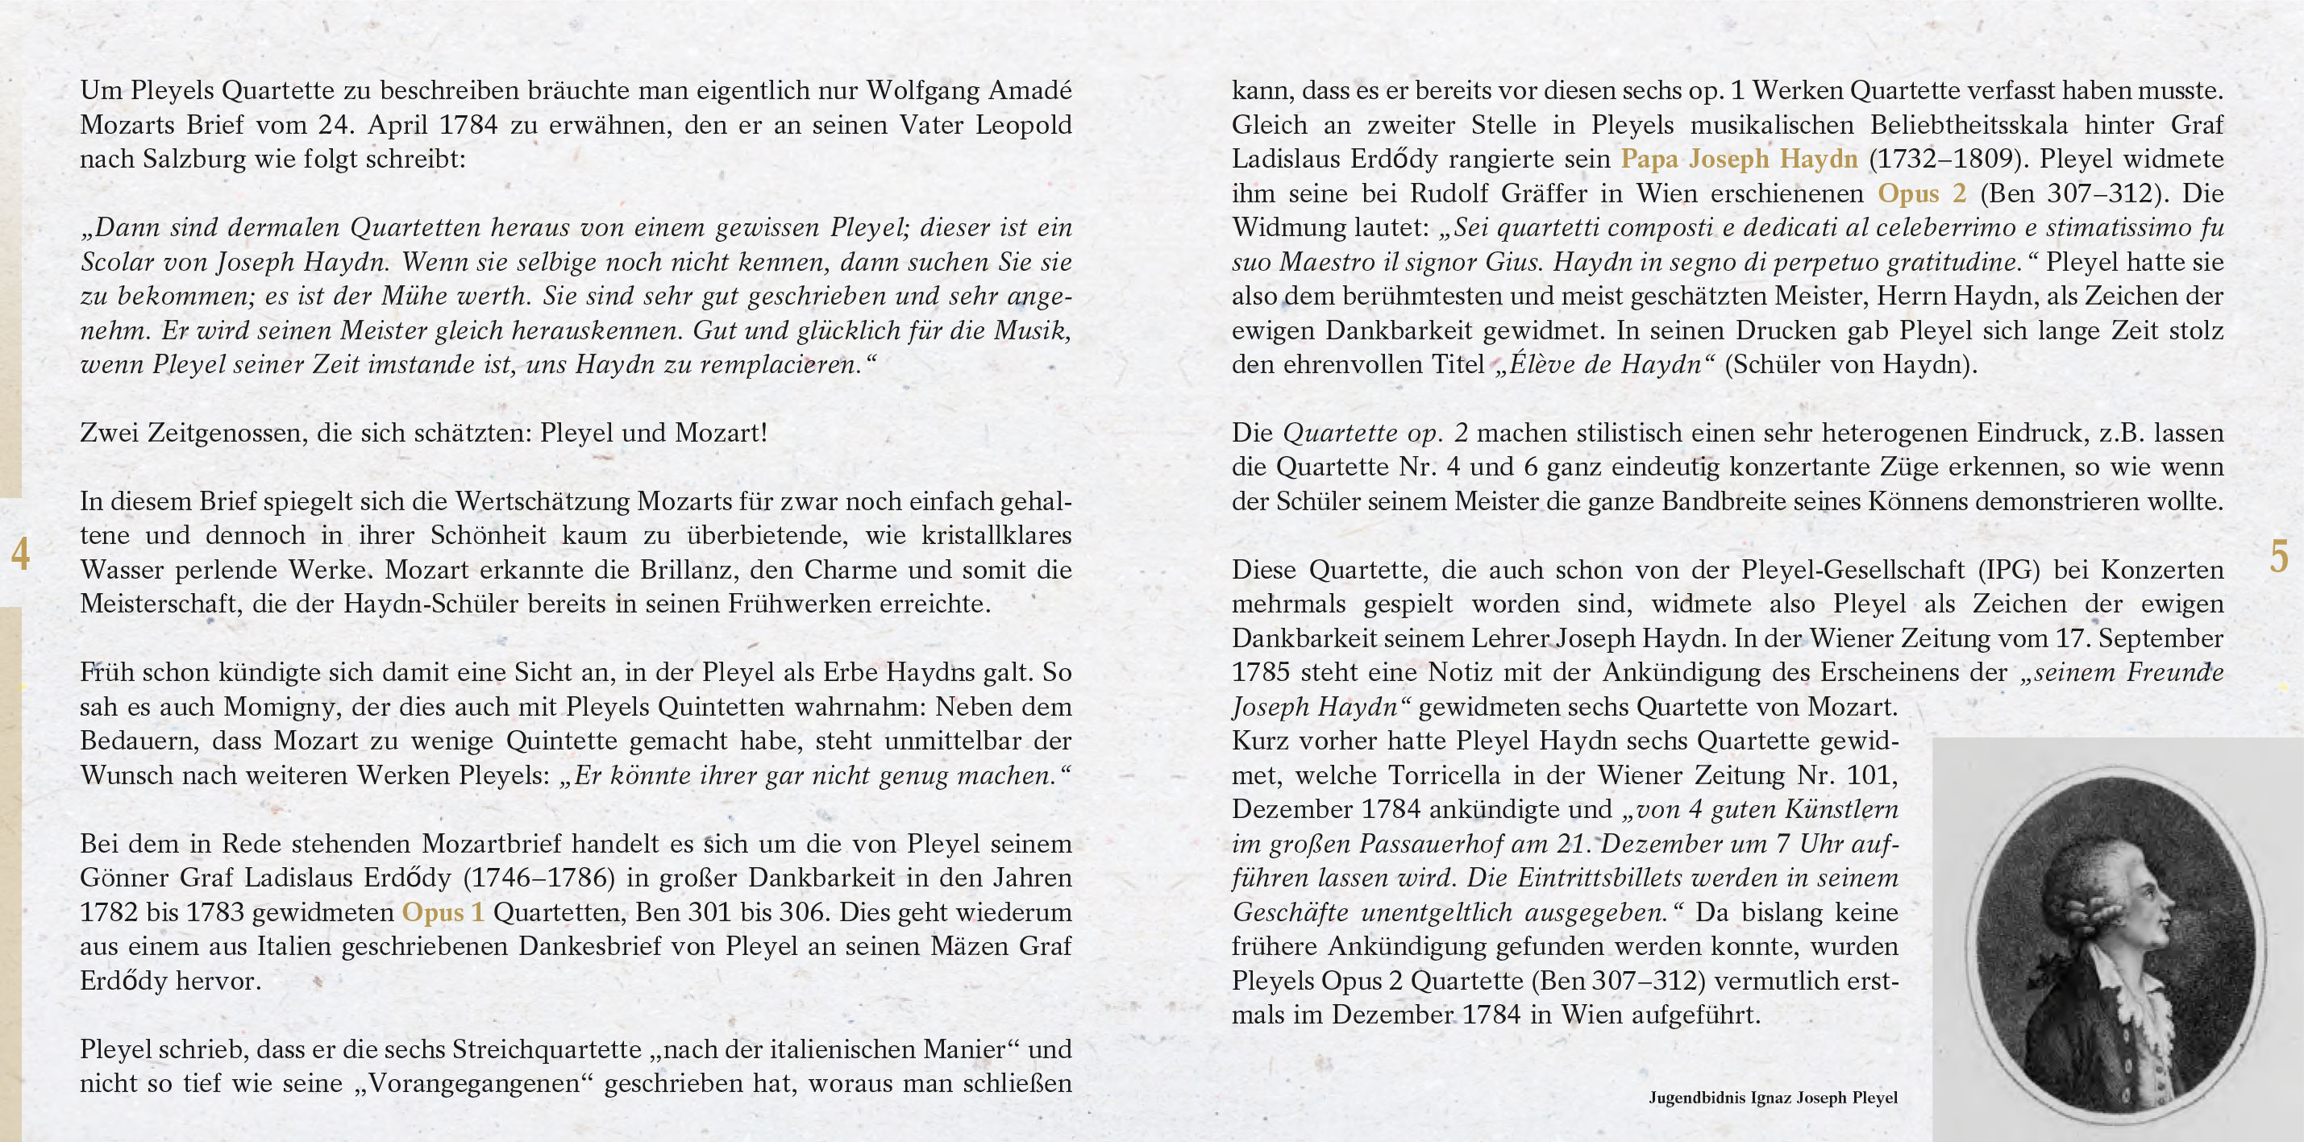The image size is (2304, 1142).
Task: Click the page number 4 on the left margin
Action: coord(19,554)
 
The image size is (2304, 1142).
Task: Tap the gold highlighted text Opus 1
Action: coord(443,913)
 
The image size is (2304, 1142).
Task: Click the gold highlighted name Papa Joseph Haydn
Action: coord(1739,160)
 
